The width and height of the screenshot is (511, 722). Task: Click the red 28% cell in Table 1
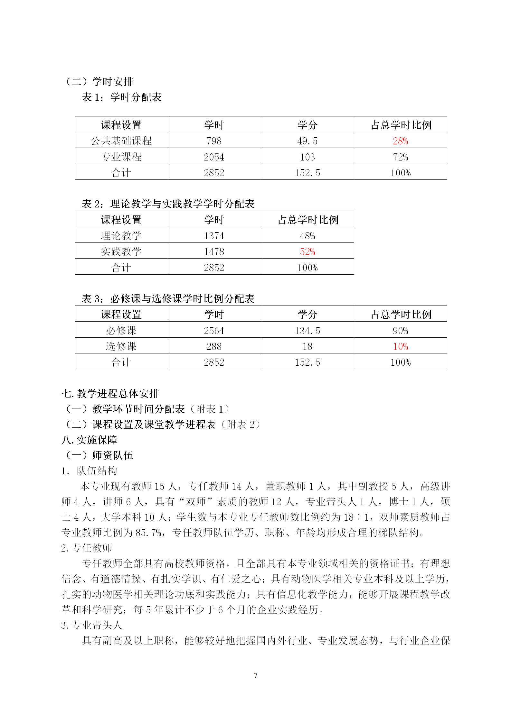click(400, 141)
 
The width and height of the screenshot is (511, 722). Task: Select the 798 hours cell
click(214, 141)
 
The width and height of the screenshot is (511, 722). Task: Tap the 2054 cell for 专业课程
click(214, 157)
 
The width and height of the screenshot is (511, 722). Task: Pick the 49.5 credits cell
click(307, 141)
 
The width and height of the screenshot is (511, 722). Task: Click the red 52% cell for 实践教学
click(307, 251)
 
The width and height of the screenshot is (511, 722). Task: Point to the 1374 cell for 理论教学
click(214, 236)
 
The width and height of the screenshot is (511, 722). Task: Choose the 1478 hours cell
click(214, 251)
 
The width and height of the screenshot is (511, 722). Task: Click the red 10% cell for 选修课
click(400, 346)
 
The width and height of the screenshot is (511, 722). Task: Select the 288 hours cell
click(214, 346)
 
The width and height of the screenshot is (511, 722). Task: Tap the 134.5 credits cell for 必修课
click(307, 331)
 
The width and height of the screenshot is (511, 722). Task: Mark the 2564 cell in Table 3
click(214, 331)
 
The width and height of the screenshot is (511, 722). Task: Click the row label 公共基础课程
click(121, 141)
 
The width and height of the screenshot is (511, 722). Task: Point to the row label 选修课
click(121, 346)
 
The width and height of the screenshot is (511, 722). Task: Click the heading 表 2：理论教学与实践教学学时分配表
click(168, 204)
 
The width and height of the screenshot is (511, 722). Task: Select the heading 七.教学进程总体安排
click(110, 393)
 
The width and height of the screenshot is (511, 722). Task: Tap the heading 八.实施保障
click(90, 440)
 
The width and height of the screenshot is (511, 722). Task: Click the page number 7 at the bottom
click(256, 675)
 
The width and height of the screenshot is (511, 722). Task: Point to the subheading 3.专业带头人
click(92, 625)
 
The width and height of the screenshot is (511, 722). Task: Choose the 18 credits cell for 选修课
click(307, 346)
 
